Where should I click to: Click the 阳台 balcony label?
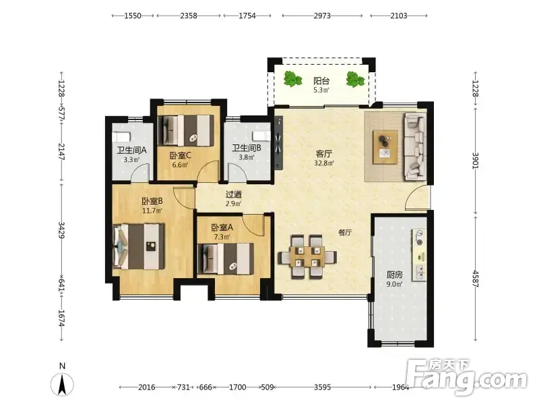pyautogui.click(x=321, y=81)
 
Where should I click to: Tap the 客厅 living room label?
pyautogui.click(x=324, y=154)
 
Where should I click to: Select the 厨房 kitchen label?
pyautogui.click(x=394, y=275)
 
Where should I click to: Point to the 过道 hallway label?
pyautogui.click(x=234, y=194)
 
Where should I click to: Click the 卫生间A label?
pyautogui.click(x=131, y=150)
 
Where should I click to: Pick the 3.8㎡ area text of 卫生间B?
pyautogui.click(x=247, y=157)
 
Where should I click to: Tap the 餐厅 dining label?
pyautogui.click(x=345, y=232)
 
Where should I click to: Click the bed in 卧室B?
pyautogui.click(x=139, y=246)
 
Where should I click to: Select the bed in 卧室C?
pyautogui.click(x=186, y=130)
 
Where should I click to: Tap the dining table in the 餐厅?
pyautogui.click(x=307, y=256)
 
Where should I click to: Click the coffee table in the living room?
pyautogui.click(x=385, y=147)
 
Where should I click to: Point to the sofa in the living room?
pyautogui.click(x=415, y=146)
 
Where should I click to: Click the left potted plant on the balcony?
pyautogui.click(x=292, y=79)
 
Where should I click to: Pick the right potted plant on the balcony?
pyautogui.click(x=355, y=79)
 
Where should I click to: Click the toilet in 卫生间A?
pyautogui.click(x=121, y=137)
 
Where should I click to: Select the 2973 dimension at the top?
pyautogui.click(x=322, y=16)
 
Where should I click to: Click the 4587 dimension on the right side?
pyautogui.click(x=476, y=279)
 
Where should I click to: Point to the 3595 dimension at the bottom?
pyautogui.click(x=323, y=387)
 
